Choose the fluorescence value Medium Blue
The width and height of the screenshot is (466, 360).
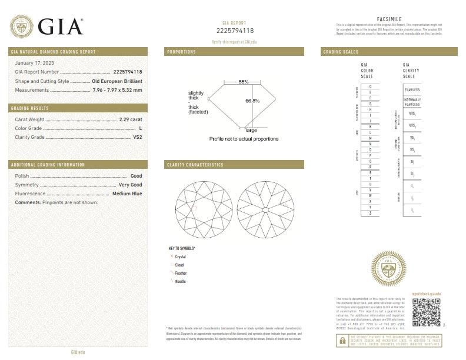tap(127, 193)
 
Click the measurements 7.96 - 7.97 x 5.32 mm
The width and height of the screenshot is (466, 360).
tap(117, 90)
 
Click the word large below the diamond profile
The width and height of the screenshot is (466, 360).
tap(251, 129)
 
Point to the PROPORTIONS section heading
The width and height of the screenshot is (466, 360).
tap(182, 52)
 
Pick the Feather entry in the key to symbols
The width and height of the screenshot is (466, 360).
tap(181, 274)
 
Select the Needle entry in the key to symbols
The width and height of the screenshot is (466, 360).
tap(180, 282)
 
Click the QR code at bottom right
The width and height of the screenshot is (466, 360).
tap(426, 312)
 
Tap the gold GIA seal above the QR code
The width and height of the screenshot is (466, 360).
tap(388, 270)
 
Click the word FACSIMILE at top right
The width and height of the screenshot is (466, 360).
tap(388, 19)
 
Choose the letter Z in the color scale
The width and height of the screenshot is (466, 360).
tap(370, 213)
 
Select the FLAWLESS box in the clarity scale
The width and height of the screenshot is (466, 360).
tap(412, 89)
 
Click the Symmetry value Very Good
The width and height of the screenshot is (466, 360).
tap(130, 185)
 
